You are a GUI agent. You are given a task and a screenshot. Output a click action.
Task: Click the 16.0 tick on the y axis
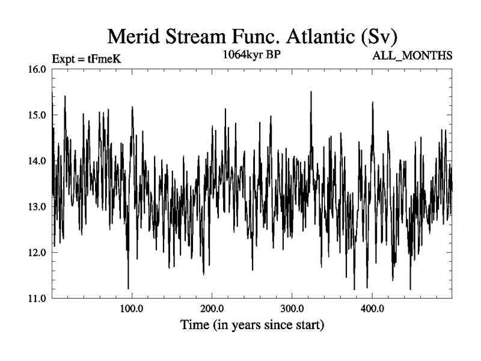pos(37,69)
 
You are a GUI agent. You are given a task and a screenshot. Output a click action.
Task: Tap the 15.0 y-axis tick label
pos(37,115)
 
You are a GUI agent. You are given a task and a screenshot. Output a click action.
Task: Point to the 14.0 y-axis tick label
pos(37,161)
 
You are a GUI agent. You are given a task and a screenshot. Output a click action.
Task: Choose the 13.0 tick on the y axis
pos(37,206)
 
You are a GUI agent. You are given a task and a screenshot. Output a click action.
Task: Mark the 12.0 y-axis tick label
pos(37,252)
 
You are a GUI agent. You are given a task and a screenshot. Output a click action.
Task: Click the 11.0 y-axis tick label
pos(37,298)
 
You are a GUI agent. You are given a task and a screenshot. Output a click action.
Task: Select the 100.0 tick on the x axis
pos(130,309)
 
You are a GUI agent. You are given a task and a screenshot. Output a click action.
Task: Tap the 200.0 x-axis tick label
pos(211,309)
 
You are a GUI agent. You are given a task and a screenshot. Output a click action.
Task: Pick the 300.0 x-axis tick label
pos(292,309)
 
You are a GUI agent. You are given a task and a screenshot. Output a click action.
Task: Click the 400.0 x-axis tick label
pos(372,309)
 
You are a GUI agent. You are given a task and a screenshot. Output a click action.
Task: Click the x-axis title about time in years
pos(253,326)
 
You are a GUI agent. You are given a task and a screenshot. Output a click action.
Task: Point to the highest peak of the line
pos(311,91)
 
